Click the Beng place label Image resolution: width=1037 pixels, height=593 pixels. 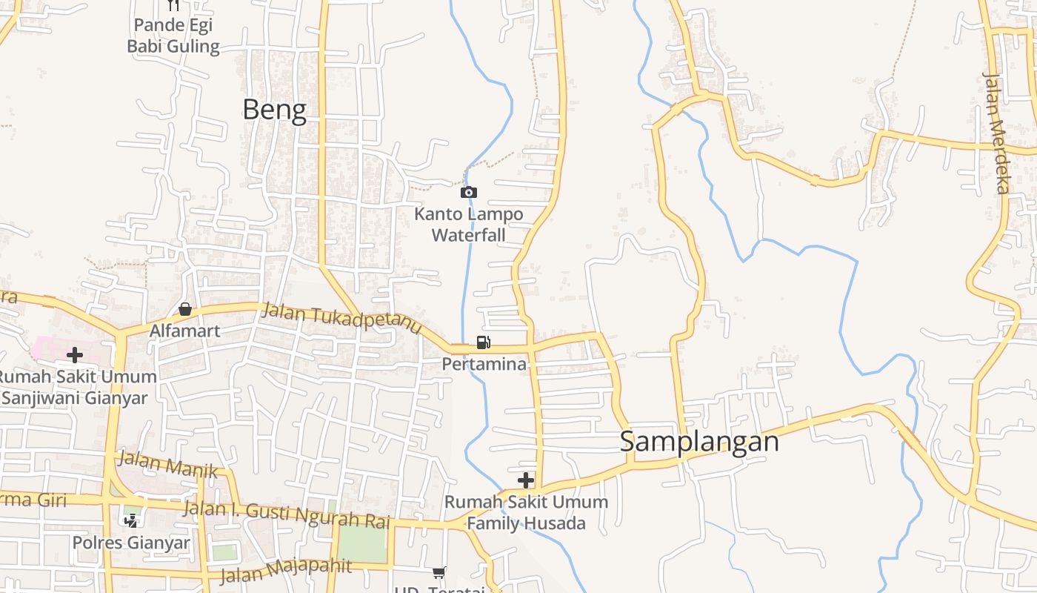coord(274,110)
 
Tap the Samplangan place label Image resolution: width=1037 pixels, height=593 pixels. coord(699,442)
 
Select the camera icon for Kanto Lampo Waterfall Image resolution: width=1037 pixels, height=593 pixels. coord(468,193)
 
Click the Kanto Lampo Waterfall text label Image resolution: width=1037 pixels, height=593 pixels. coord(468,225)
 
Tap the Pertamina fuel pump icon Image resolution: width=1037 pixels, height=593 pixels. coord(483,342)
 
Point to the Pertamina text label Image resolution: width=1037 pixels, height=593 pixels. coord(484,364)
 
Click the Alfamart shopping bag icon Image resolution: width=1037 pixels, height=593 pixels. coord(184,309)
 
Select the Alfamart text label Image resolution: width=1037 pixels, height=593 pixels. coord(184,331)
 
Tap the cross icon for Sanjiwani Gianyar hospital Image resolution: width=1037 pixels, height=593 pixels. coord(74,355)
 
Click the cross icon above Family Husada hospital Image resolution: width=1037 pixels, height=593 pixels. coord(525,480)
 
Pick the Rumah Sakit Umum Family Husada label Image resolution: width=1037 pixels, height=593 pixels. coord(526,512)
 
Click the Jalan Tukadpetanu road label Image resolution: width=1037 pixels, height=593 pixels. coord(342,321)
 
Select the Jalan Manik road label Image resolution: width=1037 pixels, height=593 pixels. coord(168,465)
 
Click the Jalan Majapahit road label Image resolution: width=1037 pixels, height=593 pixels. coord(286,570)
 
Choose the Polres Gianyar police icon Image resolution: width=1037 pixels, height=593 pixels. coord(131,521)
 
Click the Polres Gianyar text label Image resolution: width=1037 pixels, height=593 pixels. coord(131,543)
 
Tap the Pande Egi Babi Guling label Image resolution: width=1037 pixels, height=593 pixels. coord(173,36)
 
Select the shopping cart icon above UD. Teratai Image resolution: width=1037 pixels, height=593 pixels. coord(439,572)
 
